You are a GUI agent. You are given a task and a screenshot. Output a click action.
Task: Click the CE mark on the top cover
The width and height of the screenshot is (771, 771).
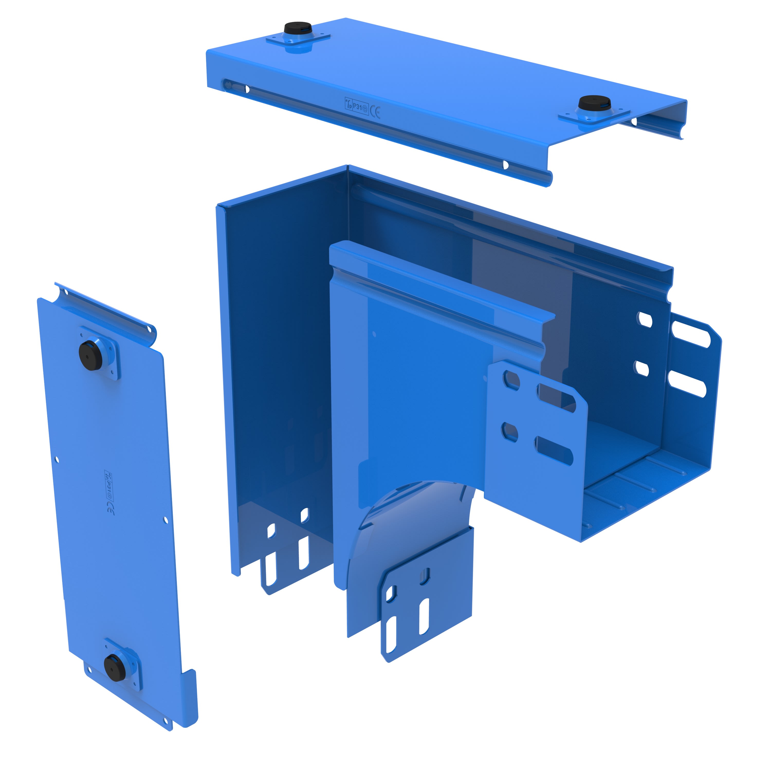375,112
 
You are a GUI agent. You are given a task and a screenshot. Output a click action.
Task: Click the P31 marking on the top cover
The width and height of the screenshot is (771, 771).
358,107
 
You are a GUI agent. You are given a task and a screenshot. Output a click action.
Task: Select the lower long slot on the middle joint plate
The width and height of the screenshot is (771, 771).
555,451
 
